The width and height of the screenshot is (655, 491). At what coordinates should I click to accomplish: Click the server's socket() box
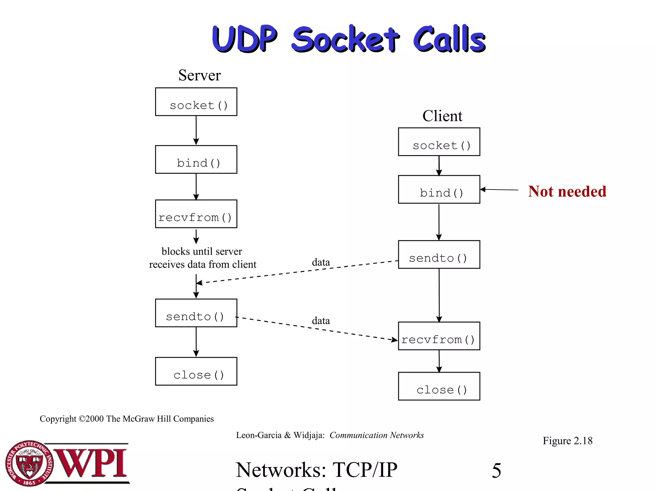point(196,102)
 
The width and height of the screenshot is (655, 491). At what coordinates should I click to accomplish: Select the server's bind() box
point(196,160)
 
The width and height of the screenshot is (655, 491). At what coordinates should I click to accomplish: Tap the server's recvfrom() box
point(196,214)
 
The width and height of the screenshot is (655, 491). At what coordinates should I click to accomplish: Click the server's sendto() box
point(196,313)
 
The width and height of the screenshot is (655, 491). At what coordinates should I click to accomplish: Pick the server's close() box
point(196,371)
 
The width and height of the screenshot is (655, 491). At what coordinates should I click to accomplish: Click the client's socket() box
point(439,142)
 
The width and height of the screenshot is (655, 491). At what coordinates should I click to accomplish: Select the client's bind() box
point(439,189)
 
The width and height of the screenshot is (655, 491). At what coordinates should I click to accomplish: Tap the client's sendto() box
point(439,254)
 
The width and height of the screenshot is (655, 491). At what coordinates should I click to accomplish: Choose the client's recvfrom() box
point(439,336)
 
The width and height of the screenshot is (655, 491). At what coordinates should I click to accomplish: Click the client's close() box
point(439,386)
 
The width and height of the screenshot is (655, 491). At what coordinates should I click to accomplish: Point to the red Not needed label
point(567,191)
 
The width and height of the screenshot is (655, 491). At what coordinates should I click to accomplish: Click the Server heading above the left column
point(200,75)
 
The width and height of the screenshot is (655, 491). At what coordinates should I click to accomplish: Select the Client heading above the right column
point(442,116)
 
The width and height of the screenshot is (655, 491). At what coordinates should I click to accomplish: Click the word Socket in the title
point(345,40)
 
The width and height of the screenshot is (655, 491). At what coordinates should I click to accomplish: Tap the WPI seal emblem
point(29,463)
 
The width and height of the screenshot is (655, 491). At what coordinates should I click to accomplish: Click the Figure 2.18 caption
point(567,441)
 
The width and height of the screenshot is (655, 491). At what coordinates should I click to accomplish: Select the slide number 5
point(496,471)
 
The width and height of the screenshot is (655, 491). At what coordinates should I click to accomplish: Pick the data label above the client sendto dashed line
point(321,262)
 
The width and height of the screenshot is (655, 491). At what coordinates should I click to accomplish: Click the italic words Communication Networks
point(376,435)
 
